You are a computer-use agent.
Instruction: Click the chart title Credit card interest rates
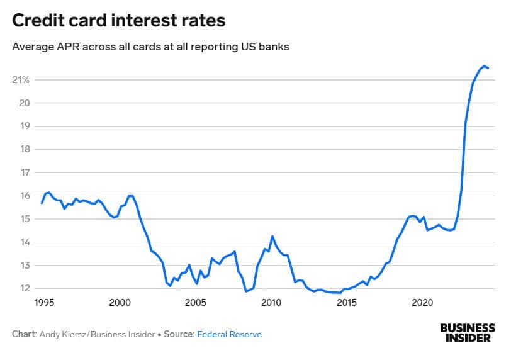119,21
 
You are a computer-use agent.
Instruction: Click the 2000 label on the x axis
120,301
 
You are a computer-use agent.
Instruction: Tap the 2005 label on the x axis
196,301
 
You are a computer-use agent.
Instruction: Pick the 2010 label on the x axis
271,301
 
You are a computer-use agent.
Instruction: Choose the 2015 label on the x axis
347,301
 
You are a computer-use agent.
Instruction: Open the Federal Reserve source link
229,335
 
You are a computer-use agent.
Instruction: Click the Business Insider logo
468,334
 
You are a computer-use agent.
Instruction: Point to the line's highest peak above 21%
484,66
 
